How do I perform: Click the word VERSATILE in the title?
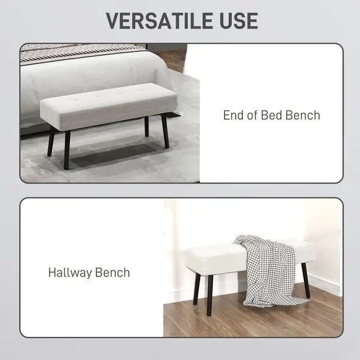coord(154,20)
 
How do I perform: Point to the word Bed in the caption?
coord(271,115)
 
